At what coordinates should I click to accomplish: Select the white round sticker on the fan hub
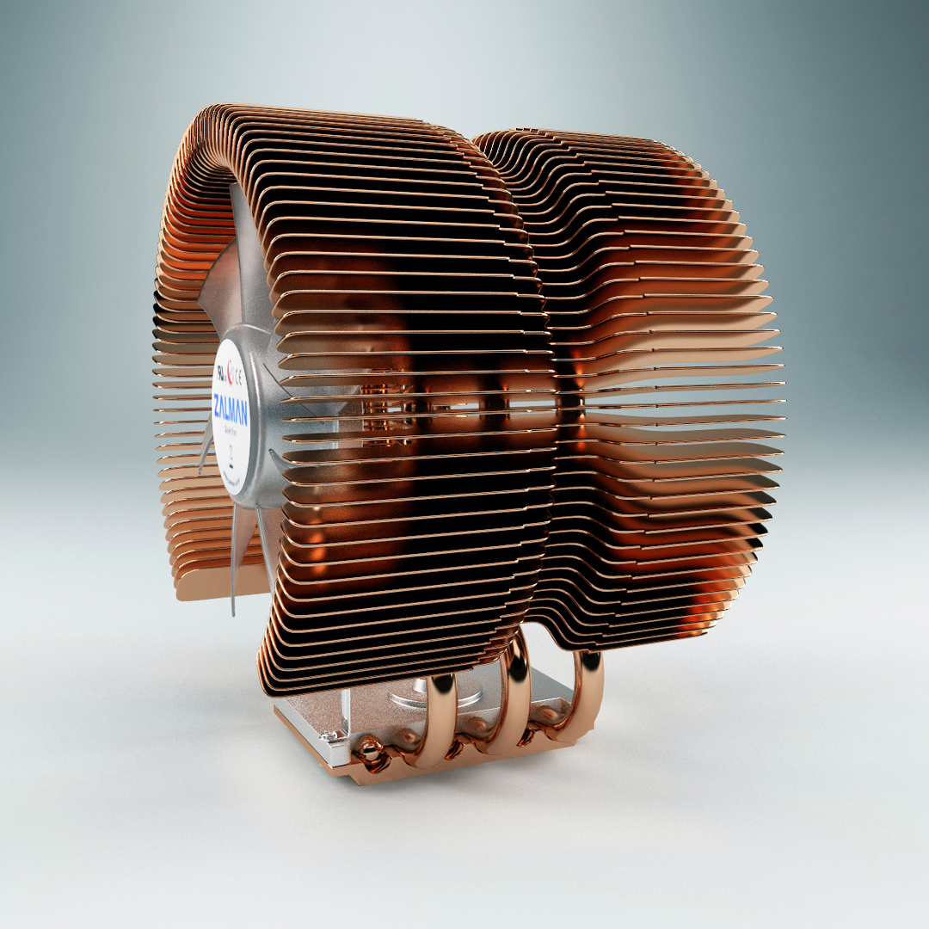click(x=231, y=421)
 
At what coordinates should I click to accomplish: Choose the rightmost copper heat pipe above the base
click(x=590, y=688)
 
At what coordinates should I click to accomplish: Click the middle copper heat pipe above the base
click(x=516, y=697)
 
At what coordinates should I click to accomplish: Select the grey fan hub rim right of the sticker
click(x=262, y=430)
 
